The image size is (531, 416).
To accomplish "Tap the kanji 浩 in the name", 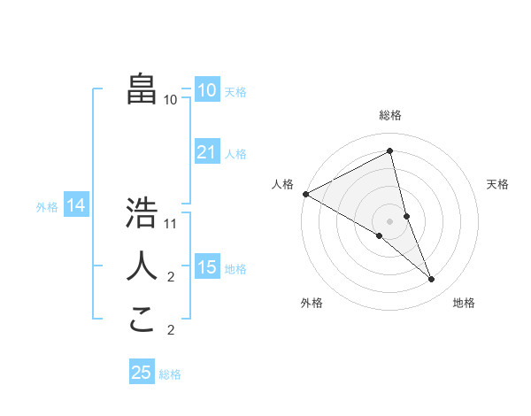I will [x=142, y=214].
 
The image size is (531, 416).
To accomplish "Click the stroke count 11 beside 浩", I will [x=172, y=224].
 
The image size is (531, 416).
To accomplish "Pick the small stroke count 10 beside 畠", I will [x=171, y=100].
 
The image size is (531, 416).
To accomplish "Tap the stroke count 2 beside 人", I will [x=171, y=277].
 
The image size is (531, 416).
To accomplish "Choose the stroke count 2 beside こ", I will [x=171, y=330].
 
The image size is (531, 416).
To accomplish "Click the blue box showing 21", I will [x=207, y=152].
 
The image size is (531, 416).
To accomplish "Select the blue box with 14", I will [x=76, y=206].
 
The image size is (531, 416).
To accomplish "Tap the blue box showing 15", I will [x=207, y=267].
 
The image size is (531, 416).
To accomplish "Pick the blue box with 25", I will [x=142, y=373].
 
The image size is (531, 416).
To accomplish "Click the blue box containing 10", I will [x=207, y=90].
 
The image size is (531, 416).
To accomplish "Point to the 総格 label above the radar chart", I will [x=390, y=115].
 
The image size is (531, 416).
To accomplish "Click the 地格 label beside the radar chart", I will [x=464, y=303].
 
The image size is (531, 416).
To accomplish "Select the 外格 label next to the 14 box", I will [x=47, y=207].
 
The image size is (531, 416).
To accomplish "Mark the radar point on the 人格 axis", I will [x=305, y=193].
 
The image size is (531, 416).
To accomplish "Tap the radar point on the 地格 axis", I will [x=432, y=279].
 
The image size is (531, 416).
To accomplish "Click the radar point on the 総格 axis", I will [x=390, y=151].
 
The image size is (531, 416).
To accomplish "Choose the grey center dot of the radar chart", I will [x=390, y=220].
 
